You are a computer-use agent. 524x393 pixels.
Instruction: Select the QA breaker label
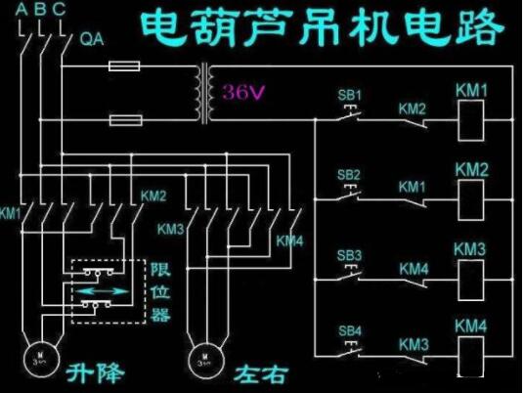click(91, 40)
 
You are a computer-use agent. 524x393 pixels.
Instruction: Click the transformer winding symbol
click(206, 94)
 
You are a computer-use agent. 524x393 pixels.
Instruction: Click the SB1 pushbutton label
click(350, 96)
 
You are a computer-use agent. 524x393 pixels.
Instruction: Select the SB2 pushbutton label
click(350, 175)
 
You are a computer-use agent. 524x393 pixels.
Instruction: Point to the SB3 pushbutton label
click(350, 255)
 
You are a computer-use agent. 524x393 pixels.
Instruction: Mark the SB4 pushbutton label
click(350, 329)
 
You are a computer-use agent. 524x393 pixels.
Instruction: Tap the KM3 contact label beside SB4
click(412, 344)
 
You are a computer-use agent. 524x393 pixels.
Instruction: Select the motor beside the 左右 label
click(202, 355)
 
